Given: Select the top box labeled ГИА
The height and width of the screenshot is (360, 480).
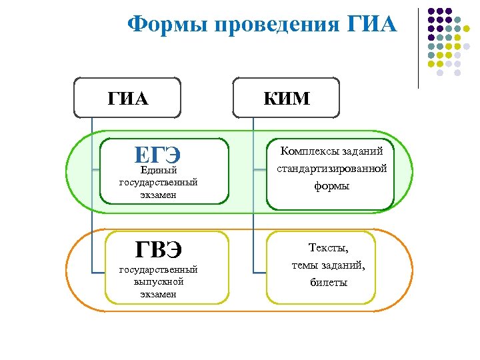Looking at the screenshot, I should coord(127,99).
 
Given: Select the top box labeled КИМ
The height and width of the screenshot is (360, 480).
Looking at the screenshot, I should coord(287,99).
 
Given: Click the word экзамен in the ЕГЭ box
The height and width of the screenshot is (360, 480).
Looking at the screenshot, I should coord(159,195).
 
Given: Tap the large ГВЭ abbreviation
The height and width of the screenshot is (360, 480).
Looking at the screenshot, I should coord(158,250).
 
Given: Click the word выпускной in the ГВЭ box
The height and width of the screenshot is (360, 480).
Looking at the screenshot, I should coord(159,281).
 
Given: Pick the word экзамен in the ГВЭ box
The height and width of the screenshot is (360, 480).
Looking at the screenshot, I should coord(159,293).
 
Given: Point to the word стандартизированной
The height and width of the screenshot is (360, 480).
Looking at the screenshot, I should coord(332,169).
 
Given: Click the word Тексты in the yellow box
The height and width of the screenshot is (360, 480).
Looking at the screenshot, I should coord(327,248).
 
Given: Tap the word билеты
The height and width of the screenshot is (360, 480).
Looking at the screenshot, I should coord(329,282).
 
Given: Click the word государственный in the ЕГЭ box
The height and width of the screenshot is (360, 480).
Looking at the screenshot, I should coord(159,182).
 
